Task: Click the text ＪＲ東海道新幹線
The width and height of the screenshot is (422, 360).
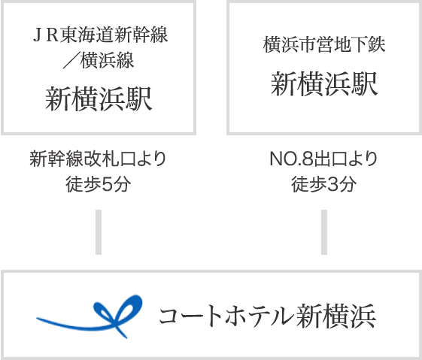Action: (x=100, y=35)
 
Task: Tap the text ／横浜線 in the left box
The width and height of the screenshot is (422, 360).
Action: (x=99, y=60)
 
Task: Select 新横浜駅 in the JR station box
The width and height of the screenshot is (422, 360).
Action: (x=99, y=99)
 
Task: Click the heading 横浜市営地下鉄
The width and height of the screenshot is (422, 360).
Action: (x=324, y=44)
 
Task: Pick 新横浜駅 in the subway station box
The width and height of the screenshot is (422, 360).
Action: (x=324, y=84)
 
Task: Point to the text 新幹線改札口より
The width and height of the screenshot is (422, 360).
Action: (x=98, y=159)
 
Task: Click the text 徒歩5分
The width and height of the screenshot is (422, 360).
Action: (x=99, y=184)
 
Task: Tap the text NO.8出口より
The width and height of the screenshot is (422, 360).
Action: (x=323, y=159)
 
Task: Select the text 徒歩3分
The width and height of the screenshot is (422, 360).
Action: (x=324, y=184)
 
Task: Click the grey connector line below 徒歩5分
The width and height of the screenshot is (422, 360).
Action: (x=99, y=232)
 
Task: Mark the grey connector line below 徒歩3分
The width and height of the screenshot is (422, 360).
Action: (x=324, y=232)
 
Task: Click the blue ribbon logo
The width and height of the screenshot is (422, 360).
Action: (x=90, y=316)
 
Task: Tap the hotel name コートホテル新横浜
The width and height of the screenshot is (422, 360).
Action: (x=267, y=316)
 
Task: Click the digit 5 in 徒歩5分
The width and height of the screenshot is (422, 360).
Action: (x=107, y=185)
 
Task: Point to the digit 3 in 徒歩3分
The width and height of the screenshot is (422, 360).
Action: (x=333, y=185)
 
